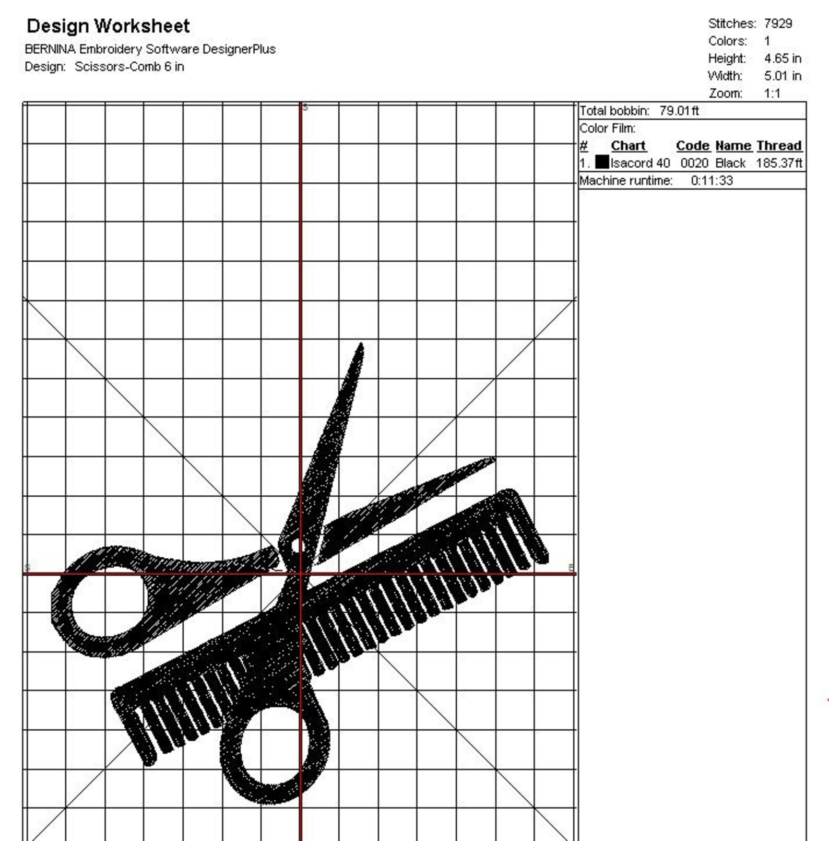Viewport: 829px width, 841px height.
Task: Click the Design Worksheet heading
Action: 108,26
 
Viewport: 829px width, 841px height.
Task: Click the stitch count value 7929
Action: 778,24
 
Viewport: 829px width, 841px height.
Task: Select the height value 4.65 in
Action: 782,59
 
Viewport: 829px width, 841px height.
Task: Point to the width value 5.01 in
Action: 782,76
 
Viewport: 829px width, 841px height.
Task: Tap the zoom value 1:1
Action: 772,94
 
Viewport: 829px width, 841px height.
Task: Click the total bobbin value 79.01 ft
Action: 679,111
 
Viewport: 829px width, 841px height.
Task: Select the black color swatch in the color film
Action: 602,162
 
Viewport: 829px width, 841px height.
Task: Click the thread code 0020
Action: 694,163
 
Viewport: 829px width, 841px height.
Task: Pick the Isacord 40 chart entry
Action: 640,163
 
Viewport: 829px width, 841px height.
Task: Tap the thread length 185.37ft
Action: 778,163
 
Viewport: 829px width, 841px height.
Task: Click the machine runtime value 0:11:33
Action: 712,181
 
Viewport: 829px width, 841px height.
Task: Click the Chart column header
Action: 628,146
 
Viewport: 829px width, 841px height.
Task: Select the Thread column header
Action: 778,146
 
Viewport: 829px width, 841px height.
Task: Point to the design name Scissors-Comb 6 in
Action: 129,67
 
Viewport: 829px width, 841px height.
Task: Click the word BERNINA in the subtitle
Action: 50,49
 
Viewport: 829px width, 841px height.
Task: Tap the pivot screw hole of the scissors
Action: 295,546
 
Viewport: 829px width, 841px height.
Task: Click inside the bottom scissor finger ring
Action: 271,747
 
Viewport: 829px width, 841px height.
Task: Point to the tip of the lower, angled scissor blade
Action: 492,460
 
